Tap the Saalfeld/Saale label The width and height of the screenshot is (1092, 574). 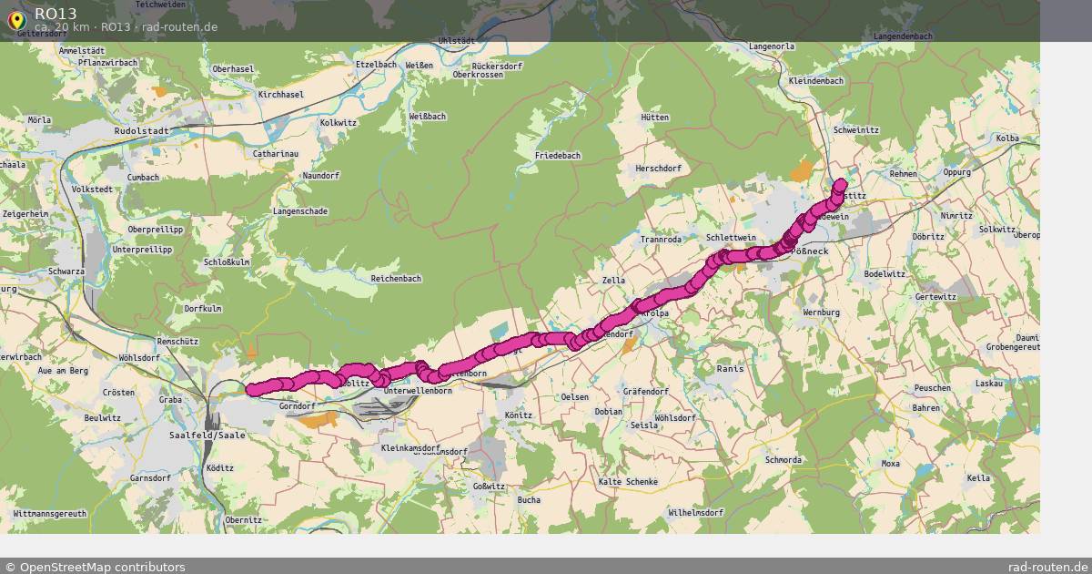coord(207,436)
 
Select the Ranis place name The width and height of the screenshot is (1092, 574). coord(730,369)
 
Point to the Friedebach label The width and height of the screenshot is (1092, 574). coord(557,156)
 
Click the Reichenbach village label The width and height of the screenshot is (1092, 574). coord(396,278)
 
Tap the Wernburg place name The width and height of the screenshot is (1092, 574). coord(821,313)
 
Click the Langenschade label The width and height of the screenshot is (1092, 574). coord(299,211)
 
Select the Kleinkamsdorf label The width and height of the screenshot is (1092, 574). coord(410,449)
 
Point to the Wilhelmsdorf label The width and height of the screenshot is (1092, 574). coord(696,513)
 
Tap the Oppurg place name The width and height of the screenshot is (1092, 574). coord(957,171)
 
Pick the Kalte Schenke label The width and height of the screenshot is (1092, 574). coord(627,481)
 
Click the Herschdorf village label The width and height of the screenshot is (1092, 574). coord(658,169)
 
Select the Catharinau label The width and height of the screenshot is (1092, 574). coord(275,154)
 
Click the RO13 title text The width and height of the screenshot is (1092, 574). coord(56,13)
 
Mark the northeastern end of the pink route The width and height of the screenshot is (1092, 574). coord(841,184)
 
